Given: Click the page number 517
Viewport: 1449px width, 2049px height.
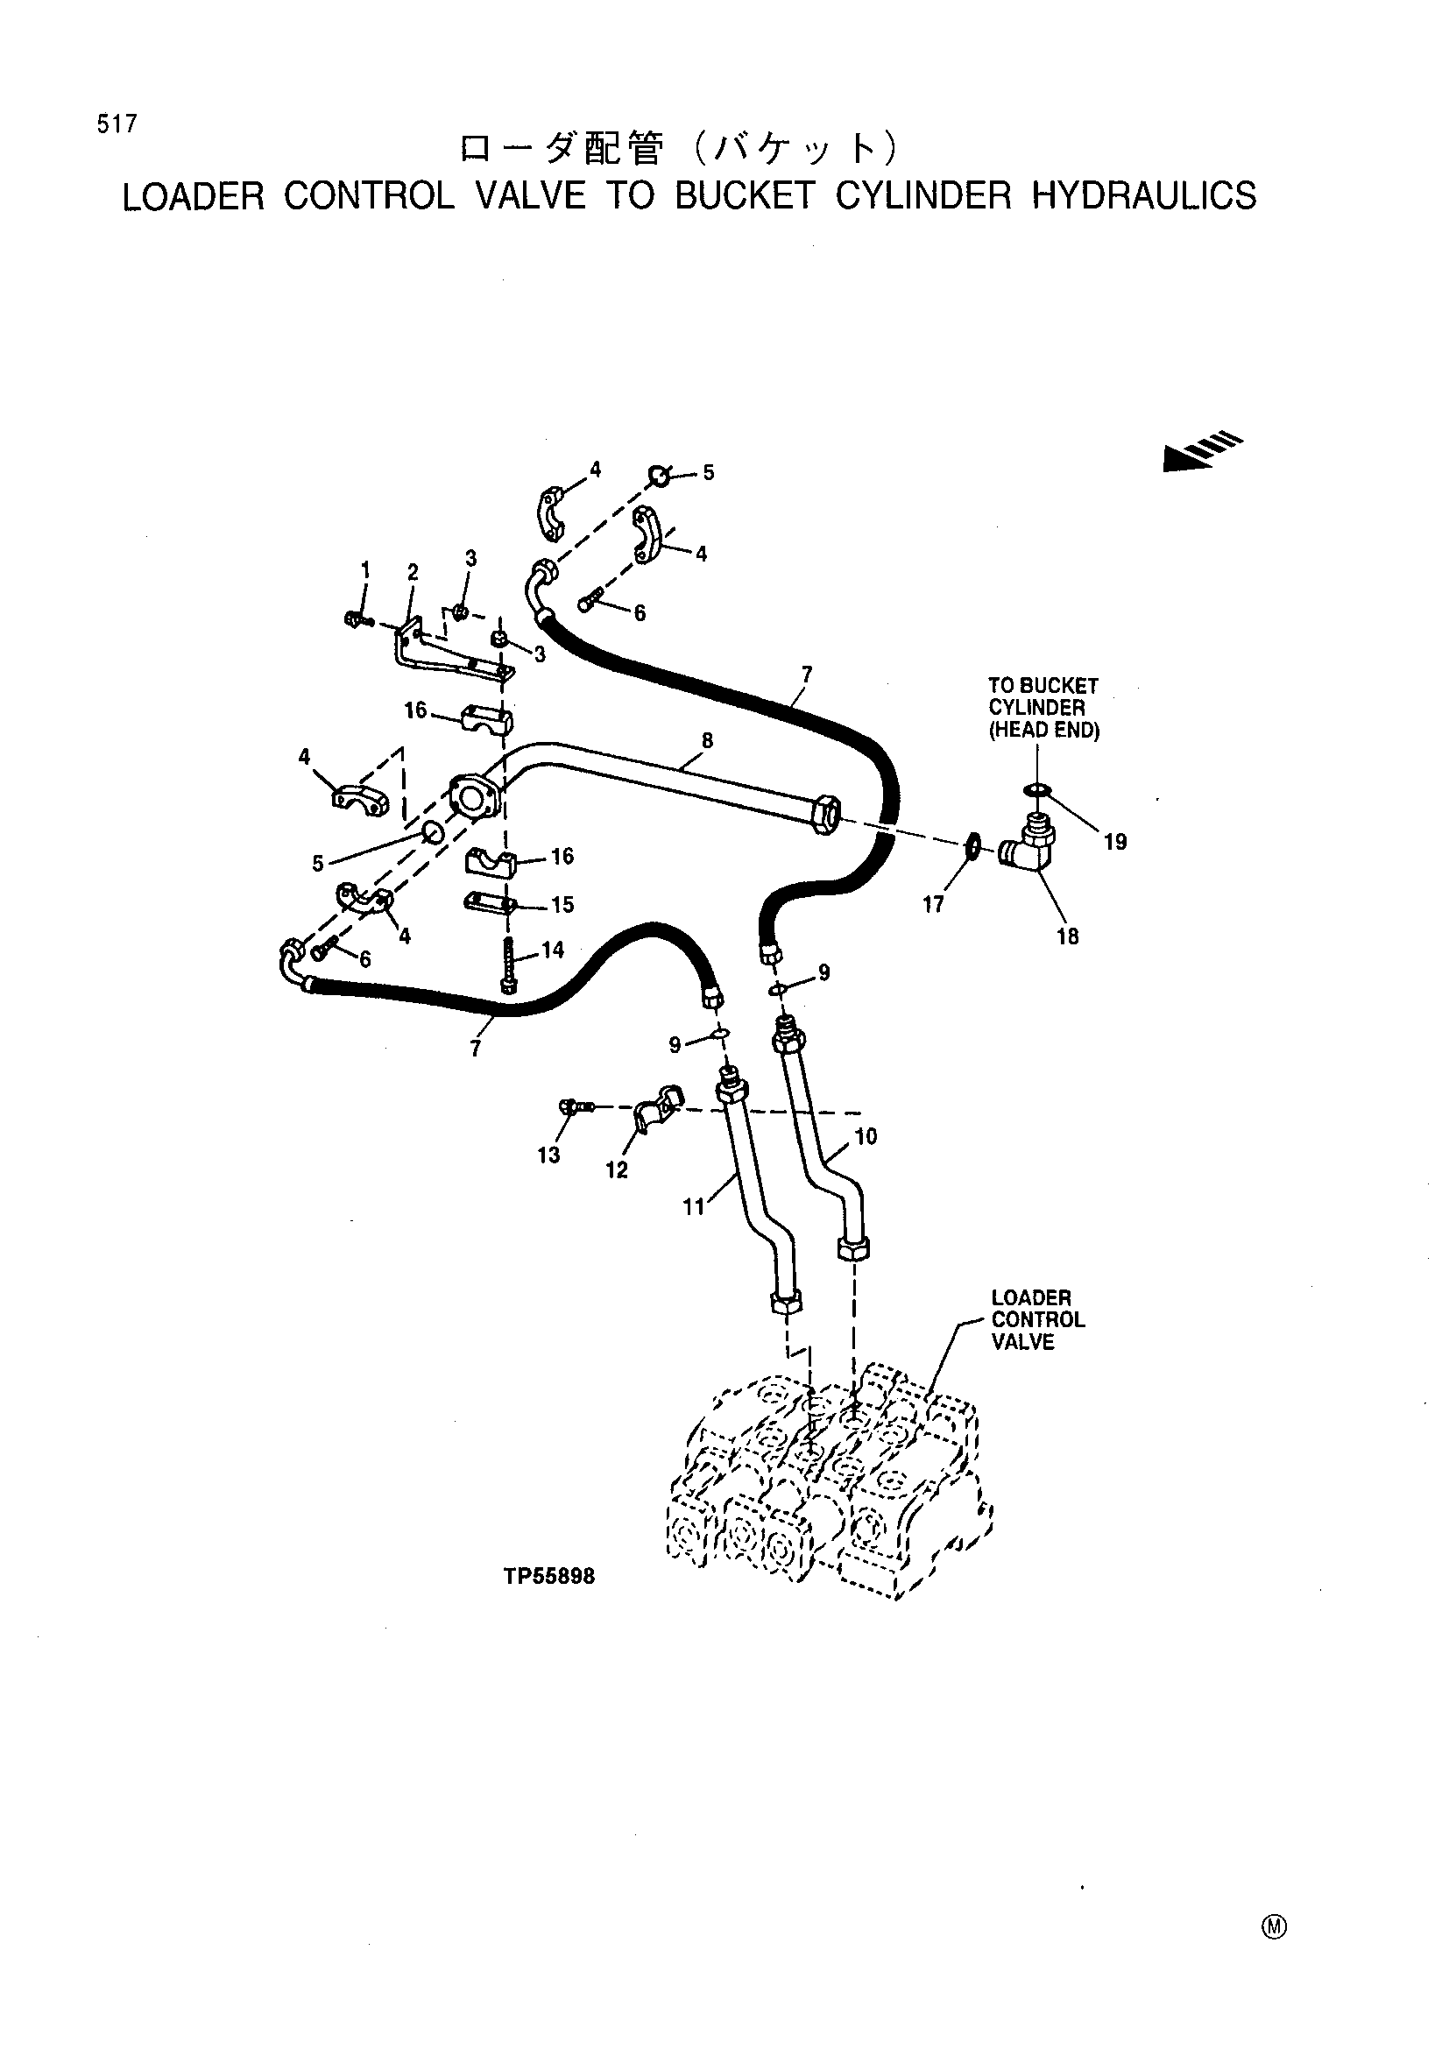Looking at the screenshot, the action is tap(117, 124).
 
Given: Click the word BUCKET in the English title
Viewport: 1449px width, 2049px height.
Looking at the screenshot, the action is tap(745, 196).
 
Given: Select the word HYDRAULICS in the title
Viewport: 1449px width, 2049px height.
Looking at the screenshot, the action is tap(1144, 196).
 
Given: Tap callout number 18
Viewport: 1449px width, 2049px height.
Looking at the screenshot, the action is tap(1068, 936).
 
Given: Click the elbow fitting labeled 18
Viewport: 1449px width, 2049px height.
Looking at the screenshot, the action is tap(1028, 843).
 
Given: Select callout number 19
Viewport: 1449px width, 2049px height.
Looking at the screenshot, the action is tap(1115, 842).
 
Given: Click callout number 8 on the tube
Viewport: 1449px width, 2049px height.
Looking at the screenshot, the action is tap(708, 740).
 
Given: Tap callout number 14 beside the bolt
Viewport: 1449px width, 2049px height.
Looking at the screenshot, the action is tap(552, 950).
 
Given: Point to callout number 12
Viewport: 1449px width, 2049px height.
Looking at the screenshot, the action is tap(617, 1170).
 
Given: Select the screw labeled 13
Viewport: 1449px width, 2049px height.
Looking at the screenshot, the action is tap(576, 1107).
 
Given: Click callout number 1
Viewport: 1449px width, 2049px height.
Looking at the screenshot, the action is tap(365, 569).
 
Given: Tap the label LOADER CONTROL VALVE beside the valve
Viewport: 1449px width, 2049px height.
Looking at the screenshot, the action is tap(1037, 1320).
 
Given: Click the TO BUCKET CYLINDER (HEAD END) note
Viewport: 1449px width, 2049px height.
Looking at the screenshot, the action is tap(1043, 708).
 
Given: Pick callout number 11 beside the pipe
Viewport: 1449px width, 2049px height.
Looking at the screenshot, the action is tap(693, 1206).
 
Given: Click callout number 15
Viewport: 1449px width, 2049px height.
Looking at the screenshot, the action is tap(562, 905).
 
